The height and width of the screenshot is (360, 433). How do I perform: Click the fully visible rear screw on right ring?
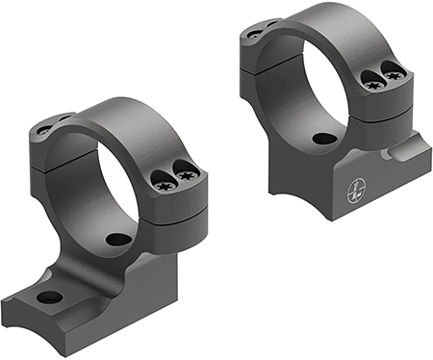254,34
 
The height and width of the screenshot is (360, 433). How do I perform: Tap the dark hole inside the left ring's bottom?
118,239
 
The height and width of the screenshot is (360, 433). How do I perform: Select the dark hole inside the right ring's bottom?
324,139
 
